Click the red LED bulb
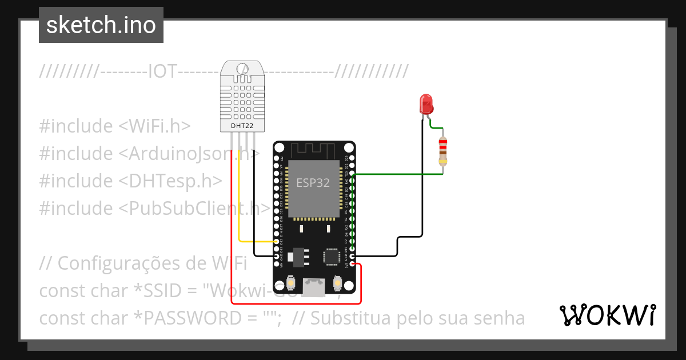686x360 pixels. coord(426,103)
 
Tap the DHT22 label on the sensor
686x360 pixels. coord(242,125)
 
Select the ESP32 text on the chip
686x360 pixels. coord(313,183)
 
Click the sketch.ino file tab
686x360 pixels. coord(101,25)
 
